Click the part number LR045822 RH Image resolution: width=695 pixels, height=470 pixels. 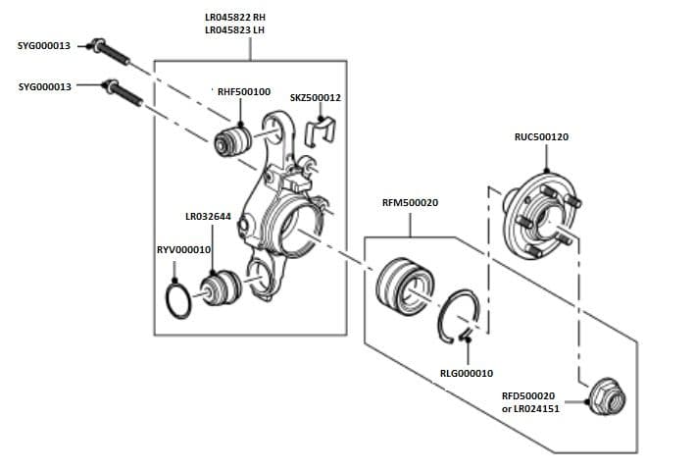click(235, 18)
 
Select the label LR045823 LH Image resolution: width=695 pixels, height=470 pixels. click(235, 30)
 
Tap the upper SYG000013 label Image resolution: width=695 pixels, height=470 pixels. click(45, 46)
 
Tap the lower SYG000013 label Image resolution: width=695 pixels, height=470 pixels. click(45, 86)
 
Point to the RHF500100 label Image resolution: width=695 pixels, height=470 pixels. click(244, 91)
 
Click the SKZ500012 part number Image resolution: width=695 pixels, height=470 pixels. click(316, 98)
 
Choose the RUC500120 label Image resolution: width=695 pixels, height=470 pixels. click(541, 137)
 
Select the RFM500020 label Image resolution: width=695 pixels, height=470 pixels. click(410, 203)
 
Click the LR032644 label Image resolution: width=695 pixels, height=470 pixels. click(208, 217)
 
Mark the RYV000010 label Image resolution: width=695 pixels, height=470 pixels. click(184, 250)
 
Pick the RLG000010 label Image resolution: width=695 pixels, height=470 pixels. click(467, 373)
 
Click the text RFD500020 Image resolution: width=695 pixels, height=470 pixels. click(528, 395)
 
